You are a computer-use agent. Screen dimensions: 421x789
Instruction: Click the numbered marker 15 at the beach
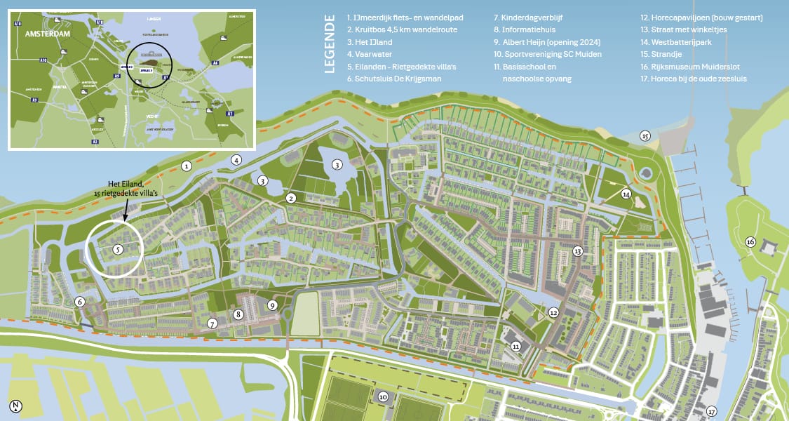[645, 136]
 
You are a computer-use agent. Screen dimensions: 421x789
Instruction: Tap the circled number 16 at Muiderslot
[750, 242]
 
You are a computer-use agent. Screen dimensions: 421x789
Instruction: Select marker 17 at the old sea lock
[713, 411]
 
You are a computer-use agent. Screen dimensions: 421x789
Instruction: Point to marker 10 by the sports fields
[383, 396]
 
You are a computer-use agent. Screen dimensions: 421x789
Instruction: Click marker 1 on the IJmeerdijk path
[187, 166]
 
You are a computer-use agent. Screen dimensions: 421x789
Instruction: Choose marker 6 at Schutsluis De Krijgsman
[80, 302]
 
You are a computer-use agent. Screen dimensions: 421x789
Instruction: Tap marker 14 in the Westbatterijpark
[626, 194]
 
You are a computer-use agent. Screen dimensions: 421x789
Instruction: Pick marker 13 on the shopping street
[578, 250]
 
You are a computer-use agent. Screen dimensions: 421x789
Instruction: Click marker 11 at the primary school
[516, 345]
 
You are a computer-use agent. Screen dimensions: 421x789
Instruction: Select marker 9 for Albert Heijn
[272, 305]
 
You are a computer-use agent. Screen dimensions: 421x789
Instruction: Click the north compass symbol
[15, 406]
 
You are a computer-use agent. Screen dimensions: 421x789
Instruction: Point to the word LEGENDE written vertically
[330, 48]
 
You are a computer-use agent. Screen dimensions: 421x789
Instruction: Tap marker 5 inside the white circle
[119, 248]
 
